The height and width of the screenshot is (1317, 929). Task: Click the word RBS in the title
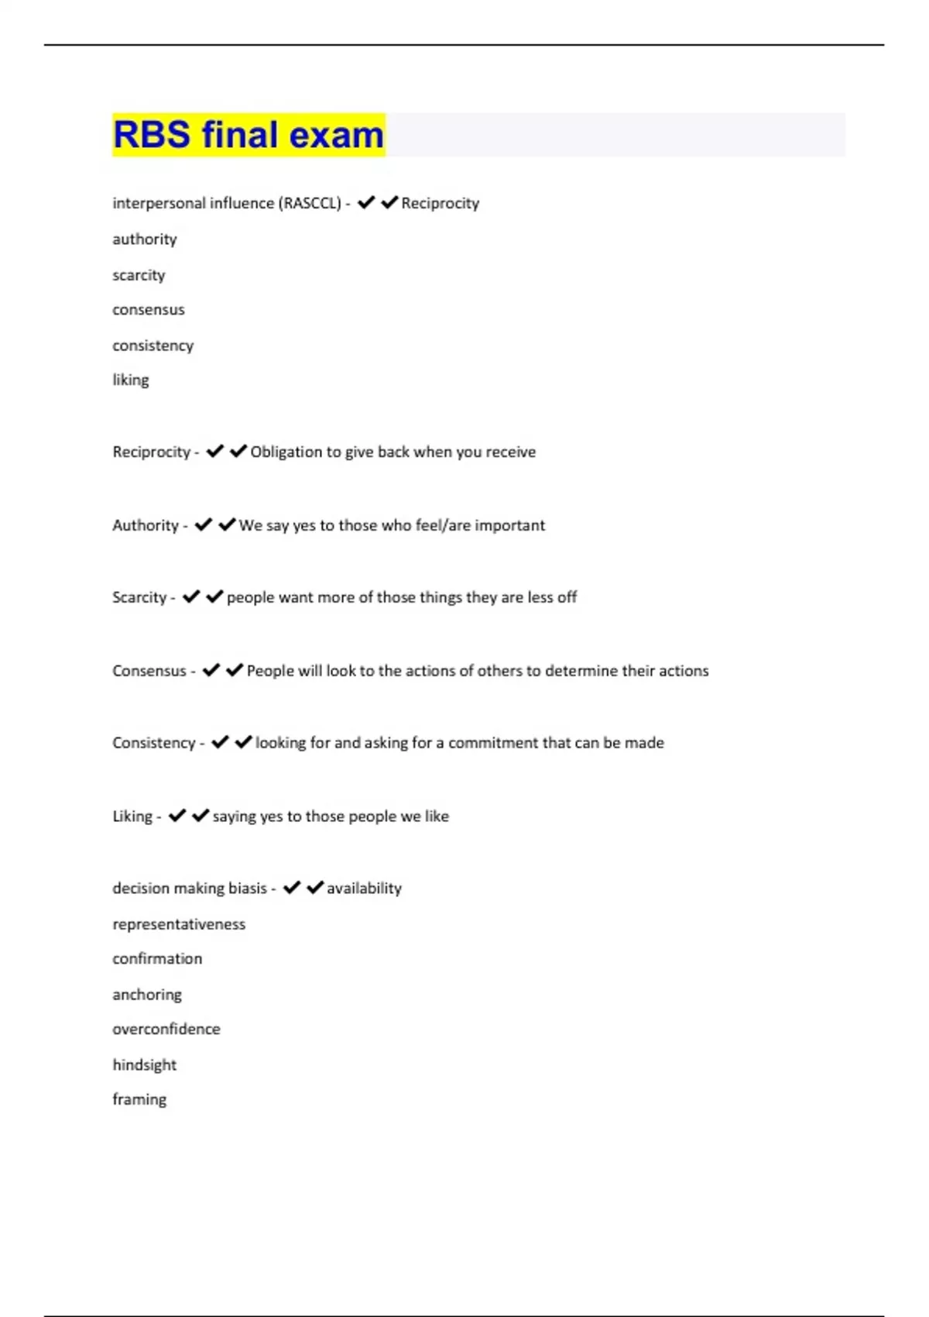[x=152, y=135]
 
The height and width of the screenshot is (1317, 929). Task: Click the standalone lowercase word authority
[x=145, y=239]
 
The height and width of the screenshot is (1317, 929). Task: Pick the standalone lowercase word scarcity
[x=139, y=275]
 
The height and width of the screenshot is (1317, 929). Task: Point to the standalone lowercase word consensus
[x=149, y=310]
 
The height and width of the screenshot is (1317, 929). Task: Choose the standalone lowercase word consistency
[x=153, y=346]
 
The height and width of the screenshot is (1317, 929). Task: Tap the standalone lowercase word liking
[x=131, y=380]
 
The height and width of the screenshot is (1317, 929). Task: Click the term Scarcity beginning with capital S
[x=139, y=597]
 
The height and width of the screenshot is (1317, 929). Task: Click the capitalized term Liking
[x=132, y=817]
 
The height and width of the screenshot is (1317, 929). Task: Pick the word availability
[x=364, y=889]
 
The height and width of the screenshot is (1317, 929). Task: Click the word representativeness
[x=179, y=924]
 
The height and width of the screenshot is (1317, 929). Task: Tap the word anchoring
[x=147, y=995]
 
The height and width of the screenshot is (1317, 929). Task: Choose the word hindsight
[x=145, y=1065]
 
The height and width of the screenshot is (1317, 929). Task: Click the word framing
[x=139, y=1100]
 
